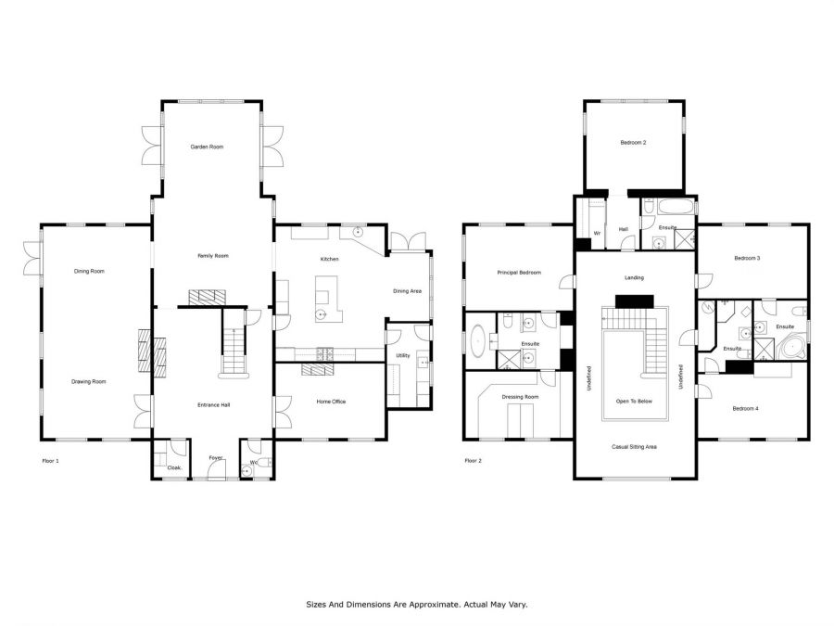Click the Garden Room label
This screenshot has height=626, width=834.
tap(207, 147)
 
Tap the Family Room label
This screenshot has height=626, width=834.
tap(213, 256)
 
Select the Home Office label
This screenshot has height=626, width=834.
tap(331, 402)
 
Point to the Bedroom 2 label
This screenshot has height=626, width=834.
tap(633, 143)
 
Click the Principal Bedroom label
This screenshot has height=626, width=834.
tap(519, 273)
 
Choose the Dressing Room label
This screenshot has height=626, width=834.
tap(520, 397)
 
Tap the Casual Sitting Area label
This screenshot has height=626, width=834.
tap(634, 447)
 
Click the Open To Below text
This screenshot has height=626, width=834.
tap(634, 402)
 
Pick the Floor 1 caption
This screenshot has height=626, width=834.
tap(51, 460)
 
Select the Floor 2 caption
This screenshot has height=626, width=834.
tap(473, 460)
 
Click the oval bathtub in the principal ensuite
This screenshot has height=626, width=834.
tap(477, 340)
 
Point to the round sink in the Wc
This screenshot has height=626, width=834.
tap(246, 470)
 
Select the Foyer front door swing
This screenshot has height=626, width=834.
tap(218, 469)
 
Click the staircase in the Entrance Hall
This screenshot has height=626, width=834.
tap(234, 343)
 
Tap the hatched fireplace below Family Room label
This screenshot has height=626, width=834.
tap(207, 297)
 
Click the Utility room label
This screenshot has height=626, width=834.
tap(403, 355)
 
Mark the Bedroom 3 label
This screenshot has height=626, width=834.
tap(747, 258)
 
